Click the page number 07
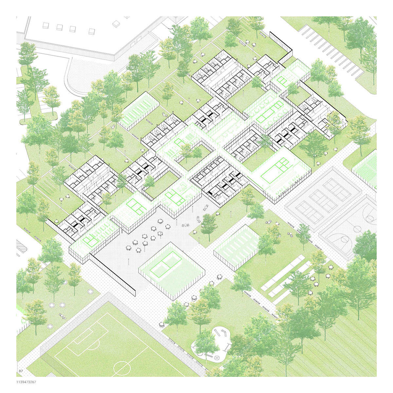[x=21, y=371]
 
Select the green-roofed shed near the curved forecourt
[x=139, y=110]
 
